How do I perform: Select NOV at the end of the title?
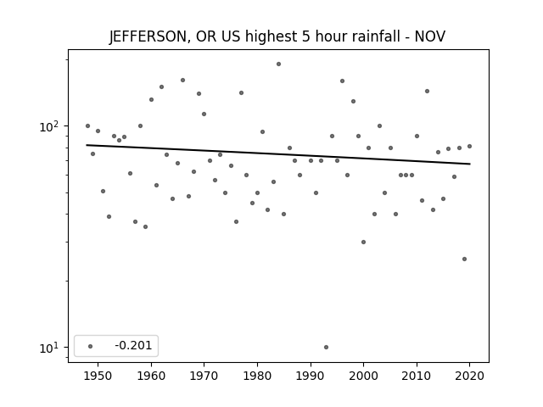[x=430, y=36]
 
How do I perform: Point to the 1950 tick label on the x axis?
[x=98, y=376]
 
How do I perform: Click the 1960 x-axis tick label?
[x=151, y=376]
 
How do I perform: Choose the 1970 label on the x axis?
[x=204, y=376]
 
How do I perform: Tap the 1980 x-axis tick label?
[x=257, y=376]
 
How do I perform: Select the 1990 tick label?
[x=311, y=376]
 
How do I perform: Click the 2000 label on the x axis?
[x=364, y=376]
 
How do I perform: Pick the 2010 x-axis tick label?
[x=417, y=376]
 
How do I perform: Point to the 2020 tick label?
[x=469, y=376]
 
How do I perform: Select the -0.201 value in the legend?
[x=133, y=345]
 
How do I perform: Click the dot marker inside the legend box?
[x=91, y=346]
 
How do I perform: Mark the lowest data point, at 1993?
[x=326, y=347]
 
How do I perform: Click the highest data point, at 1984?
[x=279, y=64]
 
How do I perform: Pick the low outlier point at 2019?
[x=464, y=259]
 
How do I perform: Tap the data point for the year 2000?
[x=364, y=242]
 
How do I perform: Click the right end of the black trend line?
[x=470, y=164]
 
